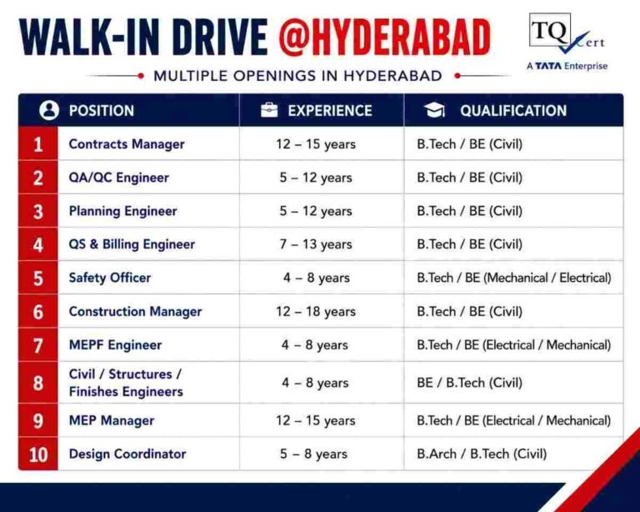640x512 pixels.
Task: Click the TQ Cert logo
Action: (x=567, y=34)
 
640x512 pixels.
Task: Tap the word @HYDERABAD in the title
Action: (x=385, y=38)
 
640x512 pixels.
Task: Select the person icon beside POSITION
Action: (x=49, y=110)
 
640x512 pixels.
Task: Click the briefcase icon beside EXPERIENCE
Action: (x=269, y=110)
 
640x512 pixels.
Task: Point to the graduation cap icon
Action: (x=434, y=110)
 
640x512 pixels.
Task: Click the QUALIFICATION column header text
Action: (x=513, y=111)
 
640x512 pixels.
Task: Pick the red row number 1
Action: (x=38, y=144)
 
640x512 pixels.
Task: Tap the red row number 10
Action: (x=38, y=454)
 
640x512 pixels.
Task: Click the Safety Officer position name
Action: (x=110, y=278)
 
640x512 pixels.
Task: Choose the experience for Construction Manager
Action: (x=316, y=312)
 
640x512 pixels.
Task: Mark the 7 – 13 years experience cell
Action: (x=316, y=244)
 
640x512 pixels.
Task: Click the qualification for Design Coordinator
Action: (x=482, y=454)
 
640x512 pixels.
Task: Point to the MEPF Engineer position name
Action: (x=115, y=345)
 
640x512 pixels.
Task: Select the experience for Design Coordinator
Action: (x=313, y=454)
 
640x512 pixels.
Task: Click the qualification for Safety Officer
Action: (x=514, y=278)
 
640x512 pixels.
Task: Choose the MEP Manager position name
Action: (x=112, y=420)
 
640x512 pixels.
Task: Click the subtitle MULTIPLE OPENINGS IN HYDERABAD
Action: (x=297, y=76)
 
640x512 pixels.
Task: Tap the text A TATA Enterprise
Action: (x=567, y=66)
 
